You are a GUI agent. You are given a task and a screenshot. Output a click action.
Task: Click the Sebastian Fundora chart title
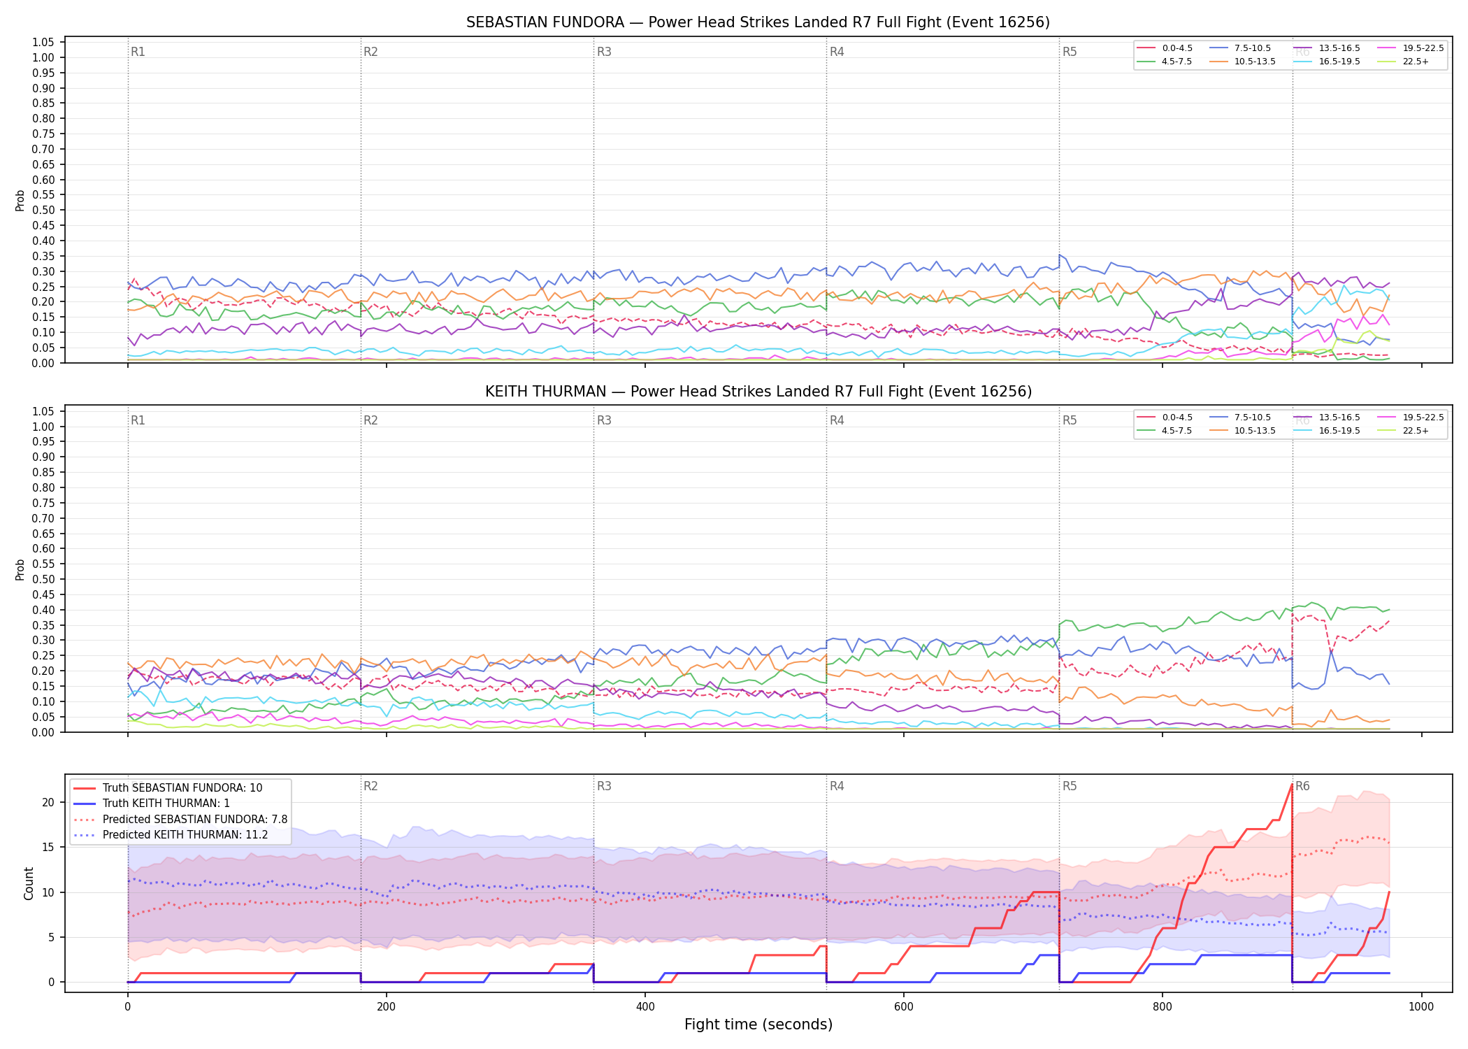(758, 22)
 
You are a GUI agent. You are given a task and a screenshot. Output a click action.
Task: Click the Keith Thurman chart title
(758, 392)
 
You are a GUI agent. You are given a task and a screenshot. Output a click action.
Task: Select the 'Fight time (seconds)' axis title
(758, 1025)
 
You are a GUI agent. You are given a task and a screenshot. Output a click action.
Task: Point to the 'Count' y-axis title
(29, 883)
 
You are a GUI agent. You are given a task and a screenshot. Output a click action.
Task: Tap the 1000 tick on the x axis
(1421, 1007)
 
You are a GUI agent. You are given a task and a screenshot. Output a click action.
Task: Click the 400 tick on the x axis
(645, 1007)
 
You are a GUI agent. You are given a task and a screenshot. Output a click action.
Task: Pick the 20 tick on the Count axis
(48, 802)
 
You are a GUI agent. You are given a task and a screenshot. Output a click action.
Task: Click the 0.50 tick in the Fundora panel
(43, 210)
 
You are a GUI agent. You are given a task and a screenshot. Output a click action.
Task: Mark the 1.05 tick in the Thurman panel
(43, 411)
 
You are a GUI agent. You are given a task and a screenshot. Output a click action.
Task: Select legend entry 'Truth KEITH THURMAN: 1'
(166, 804)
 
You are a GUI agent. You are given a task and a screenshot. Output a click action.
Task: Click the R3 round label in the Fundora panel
(604, 52)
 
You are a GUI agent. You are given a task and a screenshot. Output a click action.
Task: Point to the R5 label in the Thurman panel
(1070, 420)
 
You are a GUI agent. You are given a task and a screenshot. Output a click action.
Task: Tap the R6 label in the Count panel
(1302, 786)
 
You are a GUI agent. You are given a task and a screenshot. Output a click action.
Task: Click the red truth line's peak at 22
(1292, 784)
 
